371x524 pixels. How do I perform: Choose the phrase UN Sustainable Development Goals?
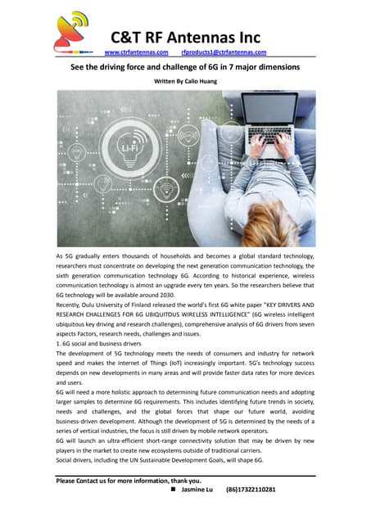(163, 461)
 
